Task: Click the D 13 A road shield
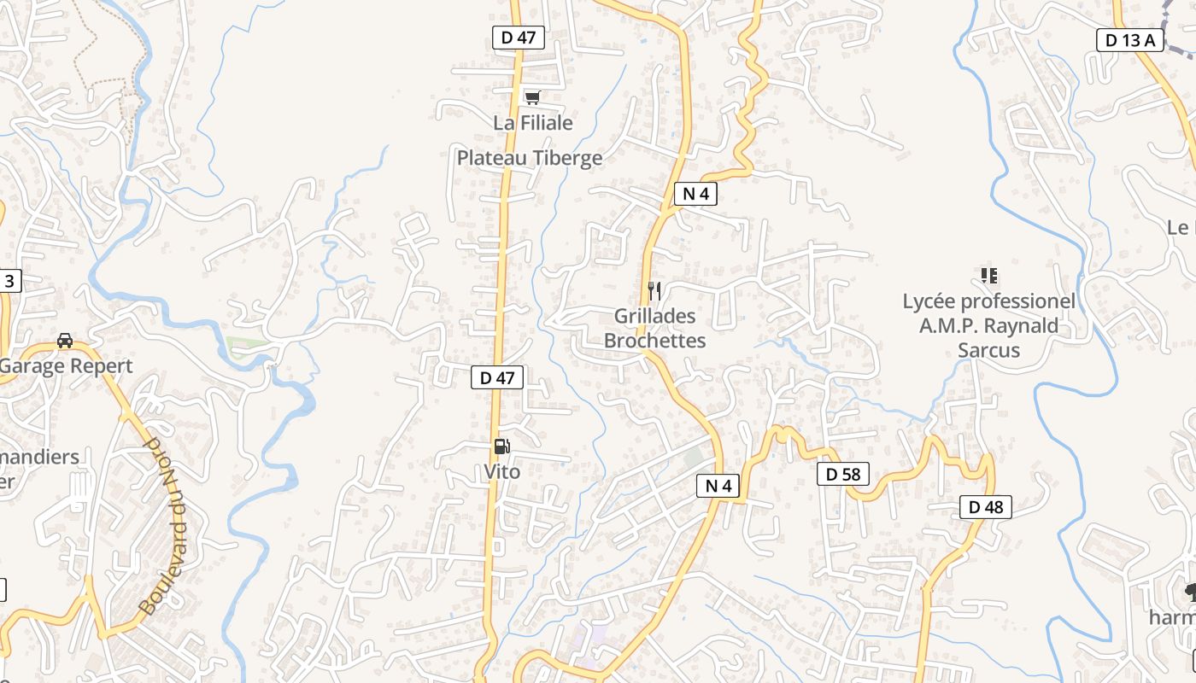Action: [1129, 39]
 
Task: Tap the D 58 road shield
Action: [842, 474]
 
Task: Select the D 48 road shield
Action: [985, 507]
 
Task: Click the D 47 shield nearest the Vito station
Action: [496, 377]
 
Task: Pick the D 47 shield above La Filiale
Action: [518, 38]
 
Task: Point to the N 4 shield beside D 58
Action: [718, 486]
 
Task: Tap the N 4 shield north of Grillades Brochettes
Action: [695, 194]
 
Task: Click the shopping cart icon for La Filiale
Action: [532, 98]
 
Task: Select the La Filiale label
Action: [532, 123]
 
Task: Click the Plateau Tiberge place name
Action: [529, 158]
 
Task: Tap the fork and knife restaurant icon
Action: [654, 291]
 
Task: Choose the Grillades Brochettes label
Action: [654, 329]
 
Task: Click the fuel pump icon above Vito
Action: [501, 447]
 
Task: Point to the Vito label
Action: [501, 471]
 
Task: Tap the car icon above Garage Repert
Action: [65, 341]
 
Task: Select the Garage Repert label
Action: [67, 366]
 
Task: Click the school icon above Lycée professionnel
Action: [988, 276]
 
